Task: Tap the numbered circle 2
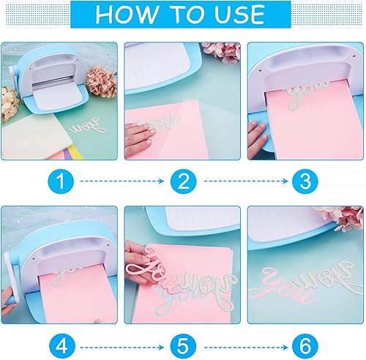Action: [x=182, y=179]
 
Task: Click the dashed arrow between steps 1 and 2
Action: [x=121, y=179]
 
